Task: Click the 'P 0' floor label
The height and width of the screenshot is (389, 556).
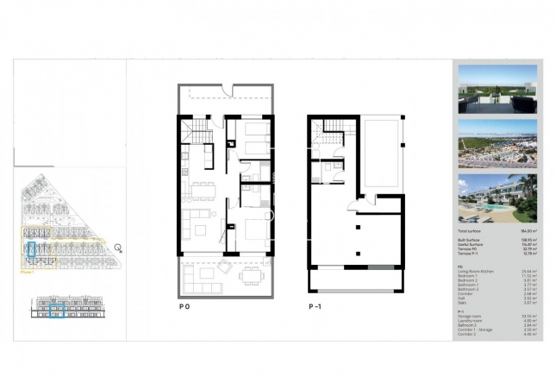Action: (x=184, y=305)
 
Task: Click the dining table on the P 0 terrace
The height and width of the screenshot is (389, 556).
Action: (x=250, y=273)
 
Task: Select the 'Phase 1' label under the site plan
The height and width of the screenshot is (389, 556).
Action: (x=28, y=271)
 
